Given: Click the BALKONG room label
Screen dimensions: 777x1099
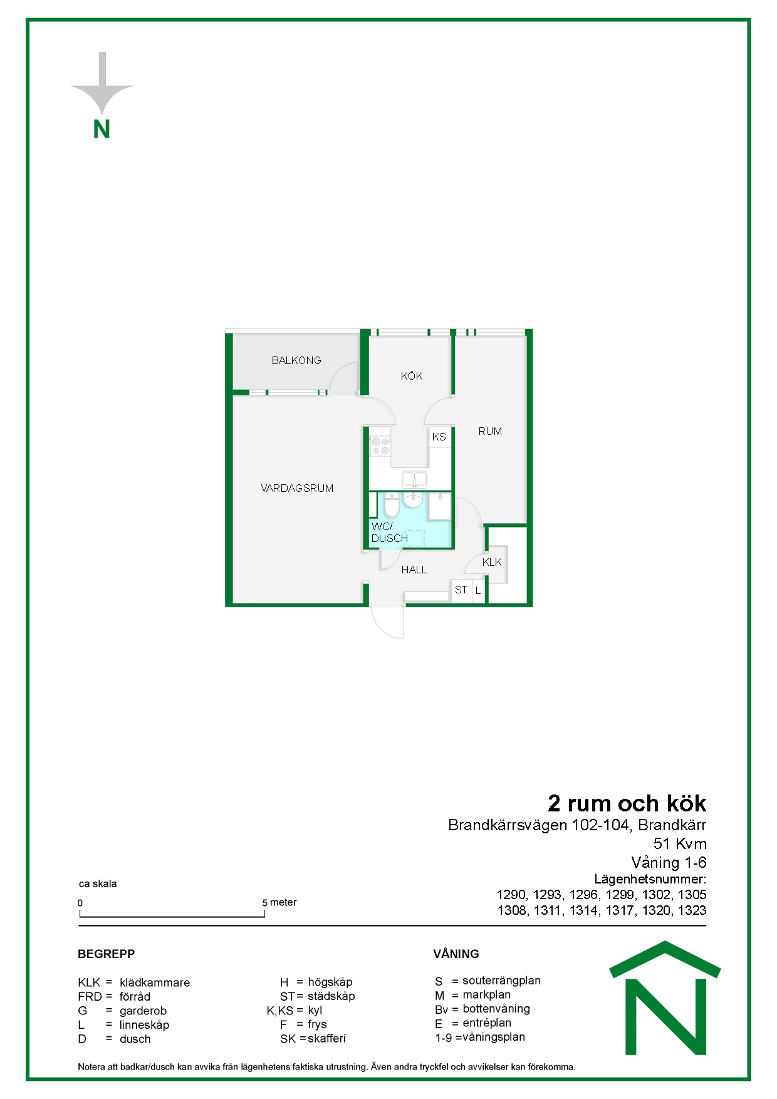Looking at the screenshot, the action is pos(296,360).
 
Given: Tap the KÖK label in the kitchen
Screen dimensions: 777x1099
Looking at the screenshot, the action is pos(412,376).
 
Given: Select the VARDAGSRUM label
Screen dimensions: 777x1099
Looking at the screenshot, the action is pos(297,488).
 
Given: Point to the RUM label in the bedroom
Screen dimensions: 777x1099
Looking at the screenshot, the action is pos(490,431).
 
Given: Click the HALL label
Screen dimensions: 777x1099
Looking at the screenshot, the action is pos(414,570).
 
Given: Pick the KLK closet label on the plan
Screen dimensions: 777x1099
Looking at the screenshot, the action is pos(492,562).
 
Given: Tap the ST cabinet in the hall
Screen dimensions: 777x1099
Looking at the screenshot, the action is pos(461,590).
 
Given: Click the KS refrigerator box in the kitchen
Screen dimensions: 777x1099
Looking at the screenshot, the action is pos(439,437).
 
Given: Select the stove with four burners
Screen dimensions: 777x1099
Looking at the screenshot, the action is pos(380,445).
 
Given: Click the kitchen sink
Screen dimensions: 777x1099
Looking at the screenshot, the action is pos(414,480).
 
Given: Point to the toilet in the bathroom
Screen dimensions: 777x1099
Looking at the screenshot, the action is pos(392,505).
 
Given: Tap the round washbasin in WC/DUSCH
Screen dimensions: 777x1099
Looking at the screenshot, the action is pos(412,500).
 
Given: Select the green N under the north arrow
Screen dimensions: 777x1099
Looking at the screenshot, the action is pos(102,129).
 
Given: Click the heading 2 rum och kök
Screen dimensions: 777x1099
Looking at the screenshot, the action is pos(627,803).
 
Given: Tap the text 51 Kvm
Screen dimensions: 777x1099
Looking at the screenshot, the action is pos(680,844).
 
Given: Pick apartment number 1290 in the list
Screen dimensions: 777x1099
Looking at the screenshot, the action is pos(511,895).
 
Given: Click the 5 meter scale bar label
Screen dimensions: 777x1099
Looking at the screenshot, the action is pos(279,902).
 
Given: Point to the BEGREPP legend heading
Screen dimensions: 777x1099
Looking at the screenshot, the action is pos(107,954).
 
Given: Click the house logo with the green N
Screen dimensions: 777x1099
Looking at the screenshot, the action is pos(665,999).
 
